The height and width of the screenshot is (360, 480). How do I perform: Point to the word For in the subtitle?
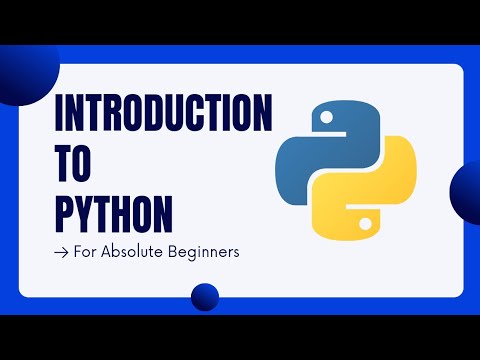[x=86, y=252]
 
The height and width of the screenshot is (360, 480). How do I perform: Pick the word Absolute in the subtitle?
[x=136, y=252]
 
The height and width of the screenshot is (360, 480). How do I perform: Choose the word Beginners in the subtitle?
[x=206, y=253]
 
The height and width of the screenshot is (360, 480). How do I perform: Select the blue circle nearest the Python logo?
[x=468, y=189]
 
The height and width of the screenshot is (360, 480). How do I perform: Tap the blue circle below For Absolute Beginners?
[x=205, y=297]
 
